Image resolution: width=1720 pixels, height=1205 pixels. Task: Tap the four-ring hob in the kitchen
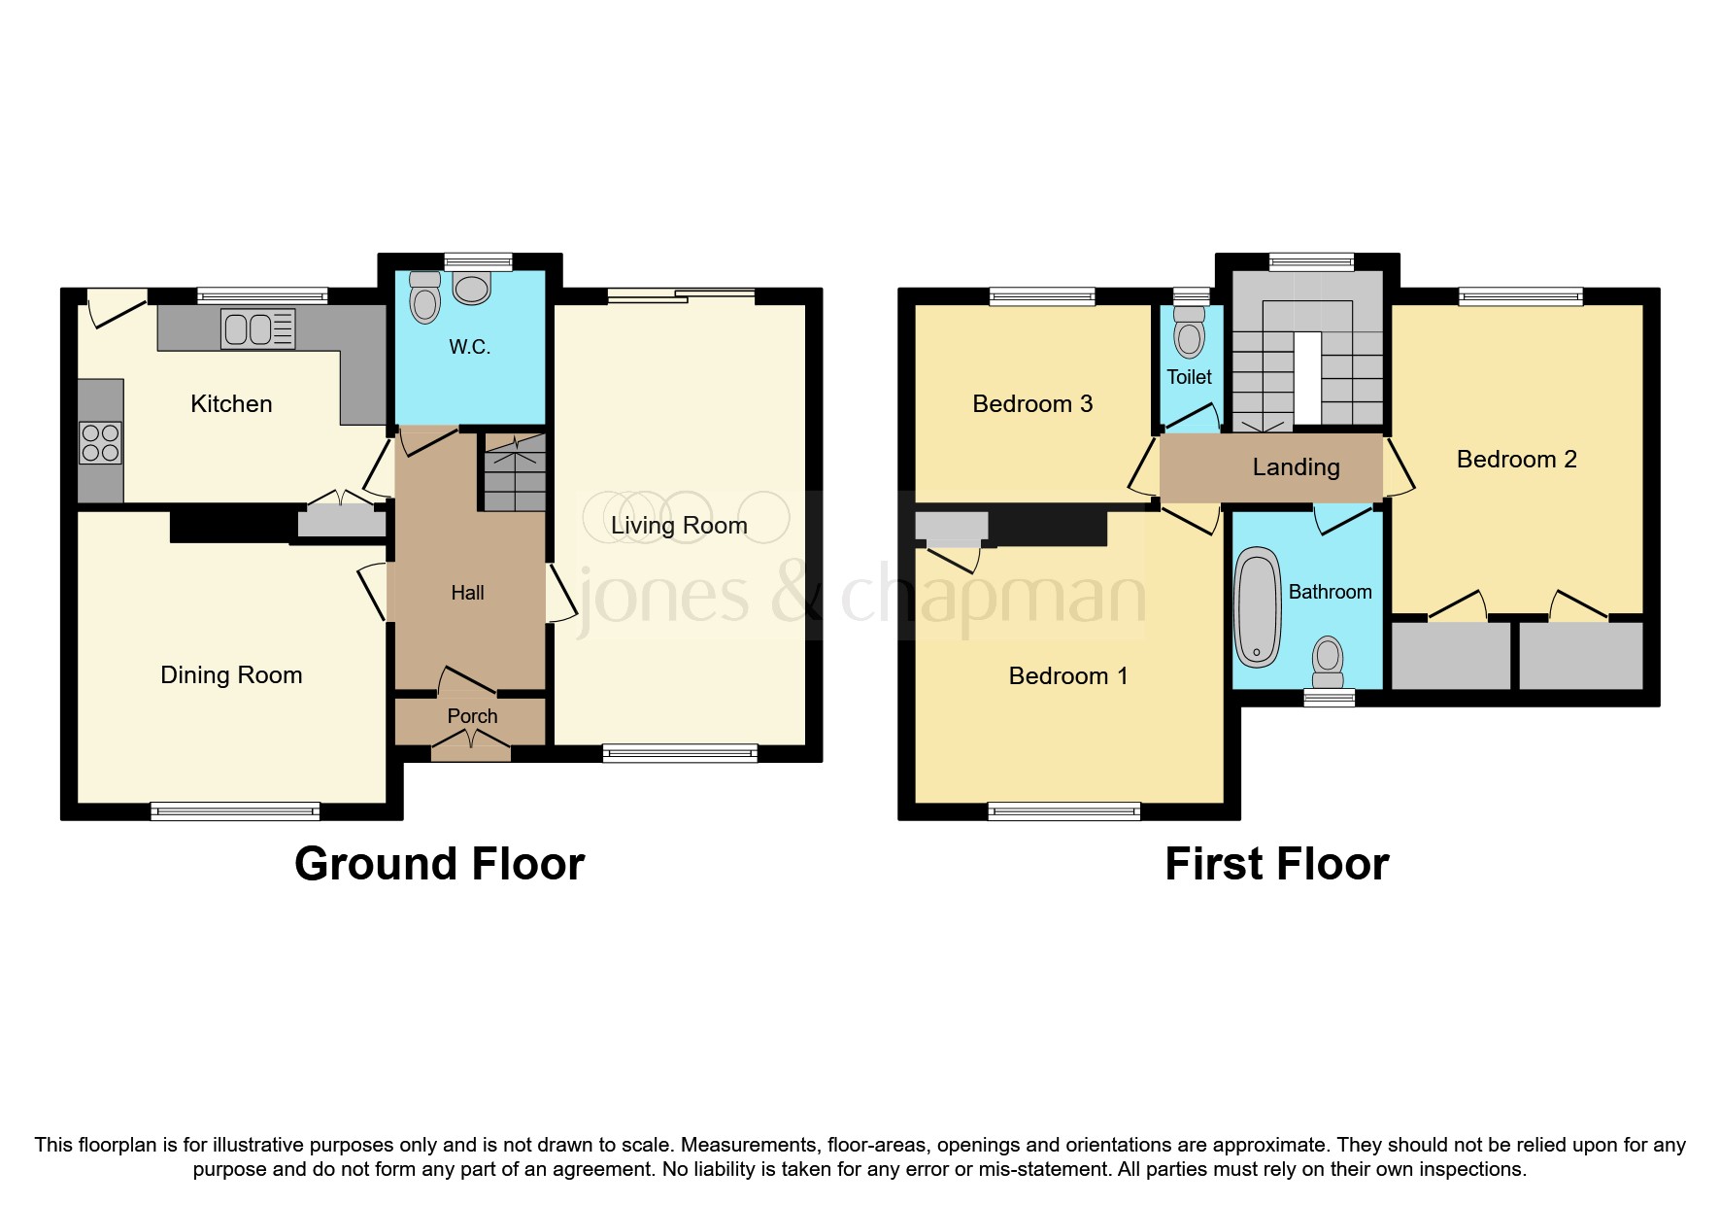click(101, 443)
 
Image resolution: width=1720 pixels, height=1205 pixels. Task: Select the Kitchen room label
click(231, 404)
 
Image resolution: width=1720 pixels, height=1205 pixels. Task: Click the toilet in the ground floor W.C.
click(424, 296)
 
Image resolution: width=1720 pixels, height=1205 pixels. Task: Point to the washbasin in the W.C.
click(472, 288)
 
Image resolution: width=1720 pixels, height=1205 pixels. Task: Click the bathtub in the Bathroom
click(1259, 608)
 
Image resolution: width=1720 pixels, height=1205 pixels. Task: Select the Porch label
click(472, 716)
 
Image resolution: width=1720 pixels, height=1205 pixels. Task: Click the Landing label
click(1296, 467)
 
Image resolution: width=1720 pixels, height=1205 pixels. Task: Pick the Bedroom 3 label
click(1032, 404)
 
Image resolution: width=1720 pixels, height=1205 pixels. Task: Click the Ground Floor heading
click(439, 864)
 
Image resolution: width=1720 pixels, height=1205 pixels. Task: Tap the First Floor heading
click(1276, 864)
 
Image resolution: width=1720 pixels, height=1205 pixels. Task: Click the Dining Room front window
click(235, 810)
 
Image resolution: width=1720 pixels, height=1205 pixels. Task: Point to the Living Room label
click(679, 526)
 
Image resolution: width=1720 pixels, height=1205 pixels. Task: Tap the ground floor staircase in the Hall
click(515, 473)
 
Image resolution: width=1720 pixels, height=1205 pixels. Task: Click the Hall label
click(467, 593)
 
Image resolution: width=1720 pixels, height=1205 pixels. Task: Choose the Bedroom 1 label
click(1068, 676)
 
